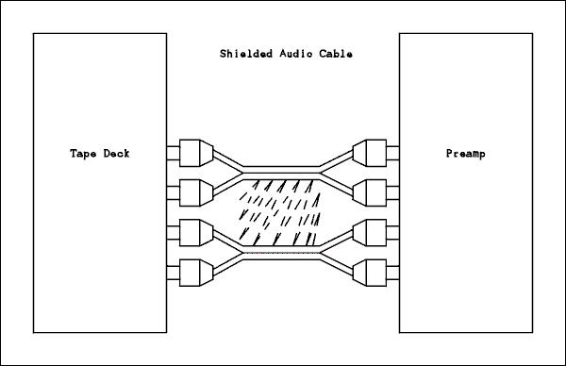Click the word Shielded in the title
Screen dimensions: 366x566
[240, 54]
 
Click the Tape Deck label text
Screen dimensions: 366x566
[99, 153]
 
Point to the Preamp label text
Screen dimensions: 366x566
[463, 153]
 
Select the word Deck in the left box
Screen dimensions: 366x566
[115, 153]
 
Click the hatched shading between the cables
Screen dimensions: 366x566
[279, 212]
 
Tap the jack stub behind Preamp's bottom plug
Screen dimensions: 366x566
[391, 272]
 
